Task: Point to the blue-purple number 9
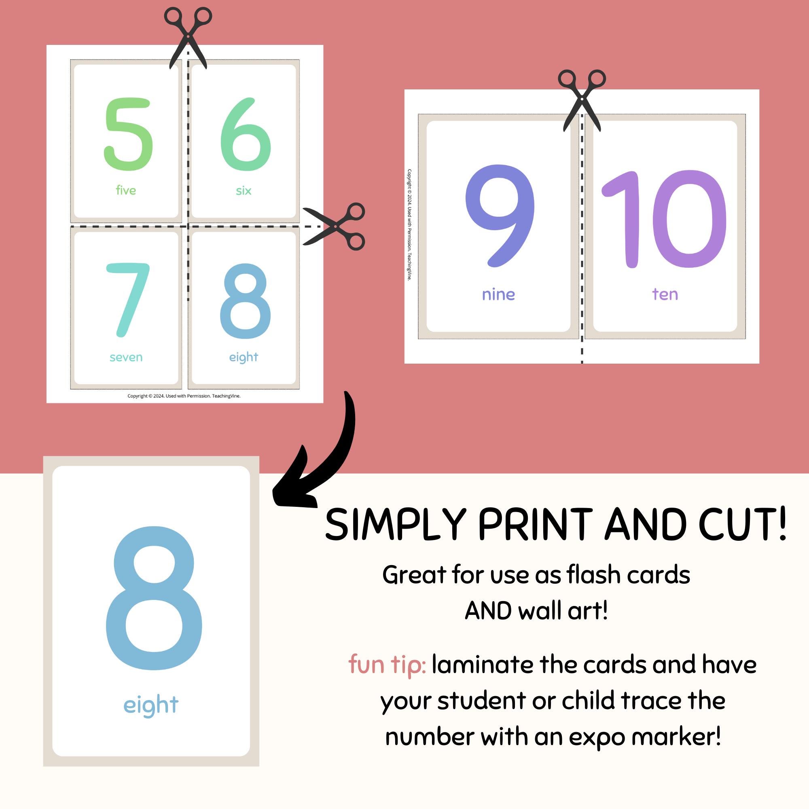coord(500,216)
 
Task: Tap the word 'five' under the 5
coord(126,191)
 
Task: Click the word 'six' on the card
coord(243,191)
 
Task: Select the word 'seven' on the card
coord(126,357)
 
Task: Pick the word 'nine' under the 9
coord(498,294)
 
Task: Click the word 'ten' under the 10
coord(665,294)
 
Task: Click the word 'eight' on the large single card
coord(151,705)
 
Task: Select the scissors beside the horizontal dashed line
coord(335,227)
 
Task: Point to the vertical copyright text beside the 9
coord(409,224)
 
